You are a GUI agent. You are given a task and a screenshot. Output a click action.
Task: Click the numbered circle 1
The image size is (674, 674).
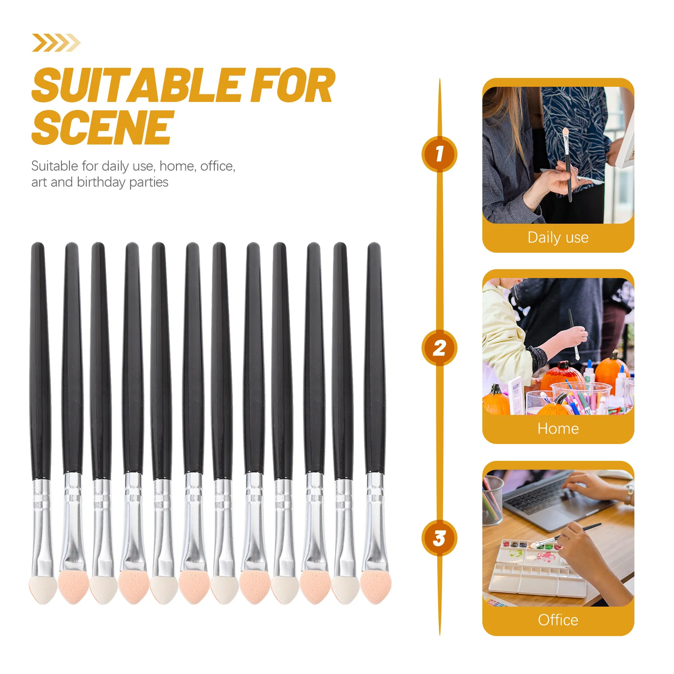pyautogui.click(x=439, y=154)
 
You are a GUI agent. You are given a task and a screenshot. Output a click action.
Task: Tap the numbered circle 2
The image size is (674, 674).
pyautogui.click(x=439, y=348)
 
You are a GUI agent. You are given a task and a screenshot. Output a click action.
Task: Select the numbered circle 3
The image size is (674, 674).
pyautogui.click(x=439, y=538)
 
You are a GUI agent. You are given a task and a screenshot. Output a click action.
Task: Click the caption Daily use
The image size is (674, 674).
pyautogui.click(x=558, y=238)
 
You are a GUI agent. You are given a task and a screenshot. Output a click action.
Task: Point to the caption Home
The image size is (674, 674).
pyautogui.click(x=558, y=429)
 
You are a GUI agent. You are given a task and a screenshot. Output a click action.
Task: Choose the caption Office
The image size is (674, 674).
pyautogui.click(x=558, y=620)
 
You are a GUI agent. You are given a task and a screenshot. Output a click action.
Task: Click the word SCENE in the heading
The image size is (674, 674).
pyautogui.click(x=103, y=127)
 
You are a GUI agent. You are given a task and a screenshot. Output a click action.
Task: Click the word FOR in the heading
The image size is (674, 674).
pyautogui.click(x=292, y=86)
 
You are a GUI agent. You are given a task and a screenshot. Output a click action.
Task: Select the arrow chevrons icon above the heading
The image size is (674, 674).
pyautogui.click(x=56, y=43)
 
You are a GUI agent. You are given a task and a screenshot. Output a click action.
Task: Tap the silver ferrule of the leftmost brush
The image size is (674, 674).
pyautogui.click(x=42, y=527)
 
